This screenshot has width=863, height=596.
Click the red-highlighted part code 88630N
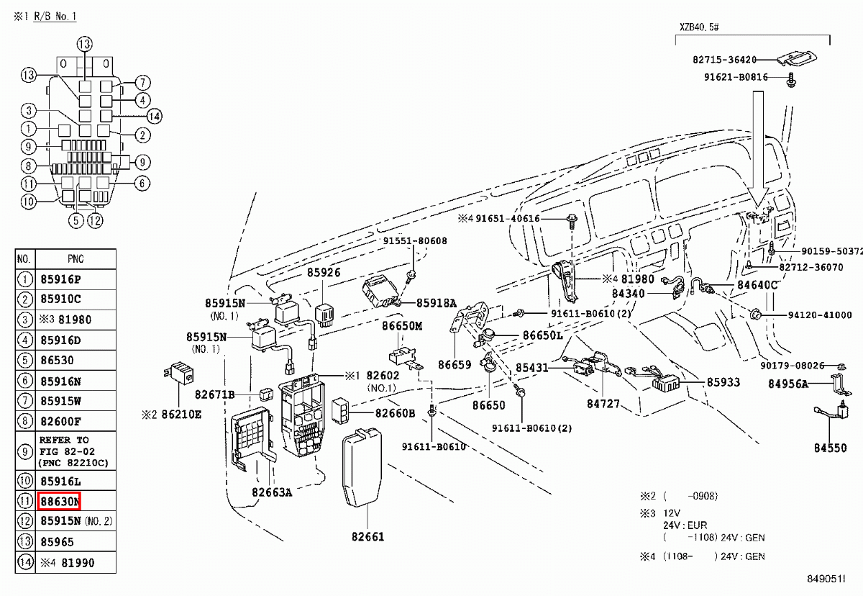click(60, 500)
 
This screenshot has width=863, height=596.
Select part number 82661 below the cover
click(367, 536)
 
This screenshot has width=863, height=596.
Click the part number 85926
click(324, 273)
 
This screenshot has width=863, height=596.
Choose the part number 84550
click(830, 448)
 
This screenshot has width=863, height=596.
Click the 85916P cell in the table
click(60, 279)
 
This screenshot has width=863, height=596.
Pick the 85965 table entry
click(57, 541)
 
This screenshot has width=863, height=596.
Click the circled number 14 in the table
click(25, 562)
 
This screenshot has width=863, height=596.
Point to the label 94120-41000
click(819, 315)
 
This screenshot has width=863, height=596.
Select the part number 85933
click(723, 382)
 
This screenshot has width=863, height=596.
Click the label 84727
click(603, 405)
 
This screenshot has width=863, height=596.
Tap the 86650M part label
click(402, 326)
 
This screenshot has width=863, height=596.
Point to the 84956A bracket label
click(787, 384)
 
